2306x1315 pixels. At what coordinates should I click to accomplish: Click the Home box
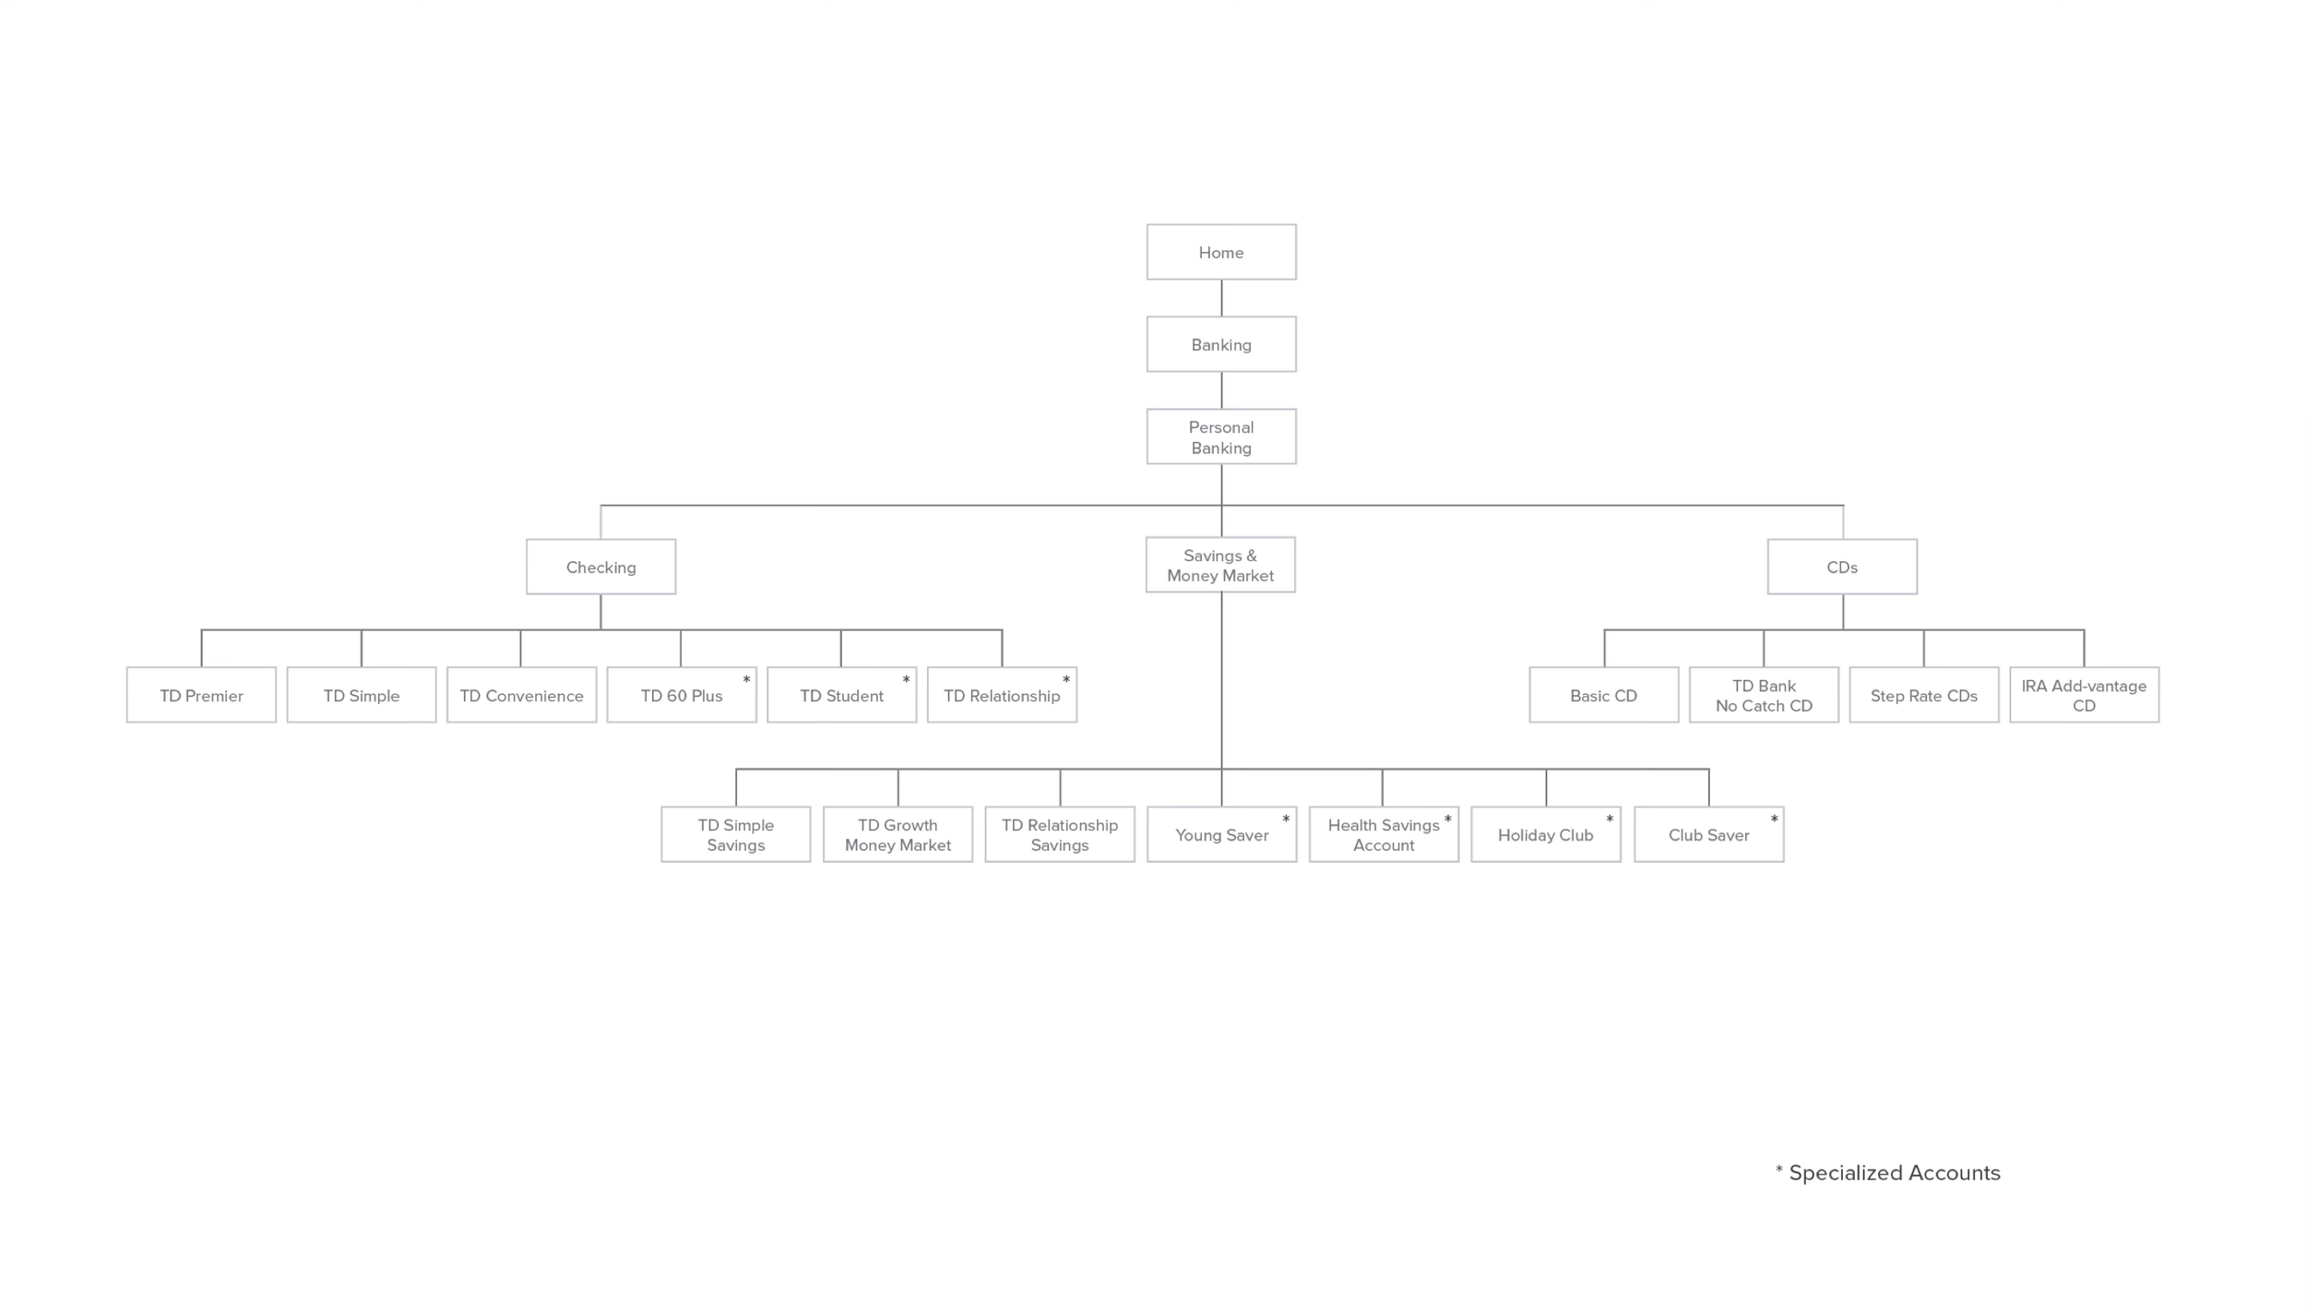pos(1221,252)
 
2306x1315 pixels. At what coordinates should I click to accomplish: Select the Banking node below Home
pos(1221,344)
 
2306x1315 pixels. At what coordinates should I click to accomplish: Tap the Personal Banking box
pos(1221,436)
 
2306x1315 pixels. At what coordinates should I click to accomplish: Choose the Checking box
pos(600,567)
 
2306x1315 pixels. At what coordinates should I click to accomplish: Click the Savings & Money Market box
pos(1220,565)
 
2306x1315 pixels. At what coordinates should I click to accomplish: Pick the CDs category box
pos(1842,567)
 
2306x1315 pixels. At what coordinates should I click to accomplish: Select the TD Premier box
pos(201,695)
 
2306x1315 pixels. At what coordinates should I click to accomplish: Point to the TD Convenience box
pos(521,695)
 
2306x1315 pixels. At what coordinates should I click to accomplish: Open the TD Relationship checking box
pos(1002,695)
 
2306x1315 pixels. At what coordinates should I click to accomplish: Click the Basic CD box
pos(1603,695)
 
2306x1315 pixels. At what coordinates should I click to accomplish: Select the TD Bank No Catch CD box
pos(1764,695)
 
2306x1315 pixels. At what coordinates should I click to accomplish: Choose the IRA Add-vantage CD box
pos(2084,695)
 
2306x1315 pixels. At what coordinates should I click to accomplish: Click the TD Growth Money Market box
pos(897,834)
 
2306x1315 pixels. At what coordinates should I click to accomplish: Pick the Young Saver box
pos(1221,834)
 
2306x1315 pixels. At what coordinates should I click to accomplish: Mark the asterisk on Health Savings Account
pos(1447,819)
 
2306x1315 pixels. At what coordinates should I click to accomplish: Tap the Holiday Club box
pos(1545,834)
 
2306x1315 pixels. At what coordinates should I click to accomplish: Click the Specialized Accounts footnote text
pos(1894,1173)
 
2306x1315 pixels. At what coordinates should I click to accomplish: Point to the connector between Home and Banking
pos(1221,298)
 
